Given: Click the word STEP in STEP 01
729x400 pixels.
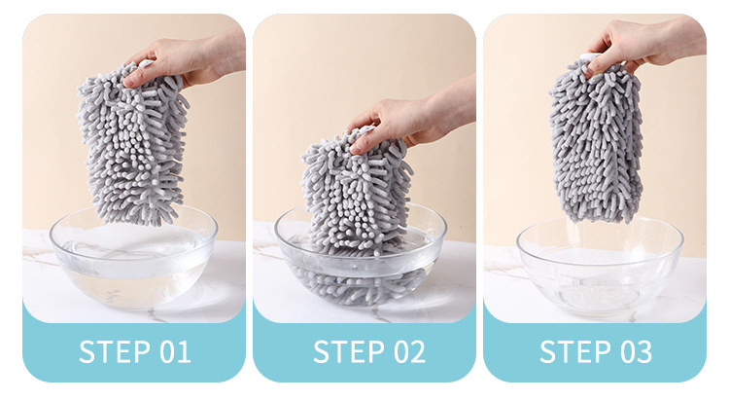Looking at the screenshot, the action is pos(115,351).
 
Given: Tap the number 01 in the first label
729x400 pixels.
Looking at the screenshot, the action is pos(175,351).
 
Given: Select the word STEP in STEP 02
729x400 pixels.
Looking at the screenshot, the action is pos(349,351).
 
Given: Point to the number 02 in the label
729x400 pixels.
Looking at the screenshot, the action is pos(409,351).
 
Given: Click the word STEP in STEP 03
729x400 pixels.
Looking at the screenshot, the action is pos(575,351).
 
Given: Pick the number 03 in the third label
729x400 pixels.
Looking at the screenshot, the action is pos(637,351).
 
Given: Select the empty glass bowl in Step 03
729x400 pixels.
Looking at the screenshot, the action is pos(600,267).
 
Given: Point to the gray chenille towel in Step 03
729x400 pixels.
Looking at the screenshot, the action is pos(597,140).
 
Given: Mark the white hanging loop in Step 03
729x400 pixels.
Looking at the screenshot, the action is pos(591,57).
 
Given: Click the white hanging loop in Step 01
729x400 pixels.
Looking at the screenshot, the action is pos(146,64).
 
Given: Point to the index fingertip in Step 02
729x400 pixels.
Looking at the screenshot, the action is pos(357,149).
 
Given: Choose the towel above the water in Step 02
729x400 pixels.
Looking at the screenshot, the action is pos(357,191).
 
